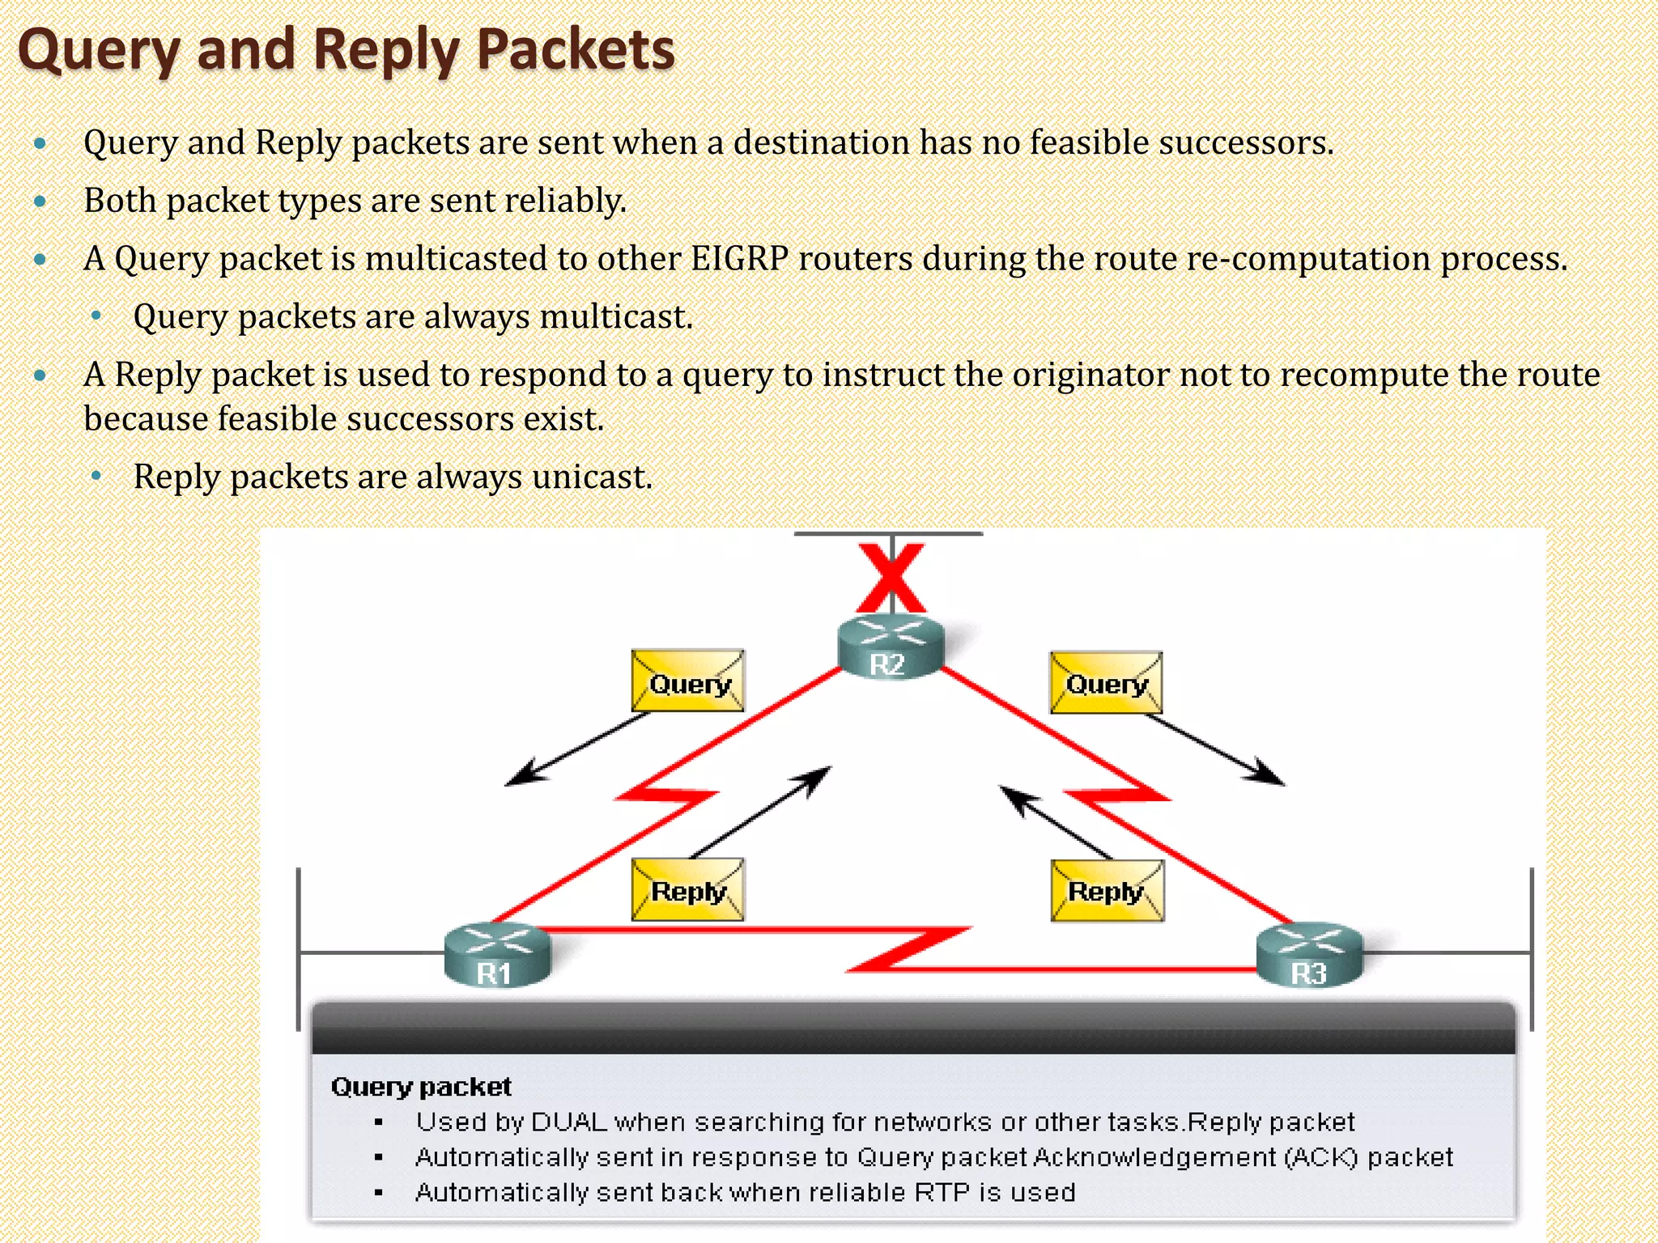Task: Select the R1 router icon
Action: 497,955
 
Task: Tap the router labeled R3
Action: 1309,956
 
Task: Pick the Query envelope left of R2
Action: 687,681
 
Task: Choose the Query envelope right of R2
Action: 1106,683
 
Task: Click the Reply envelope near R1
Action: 687,890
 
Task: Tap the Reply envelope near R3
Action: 1107,891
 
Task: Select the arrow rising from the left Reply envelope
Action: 761,812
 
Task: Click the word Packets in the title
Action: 576,50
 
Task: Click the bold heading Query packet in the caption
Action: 421,1087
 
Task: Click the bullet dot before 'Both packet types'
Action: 40,202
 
